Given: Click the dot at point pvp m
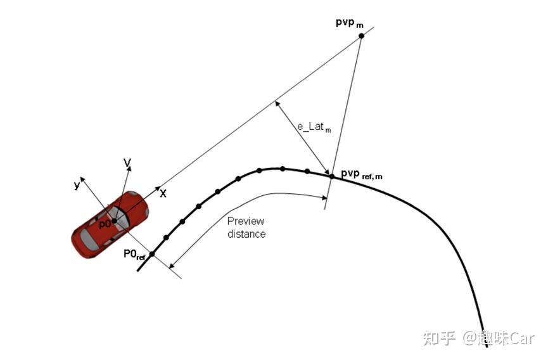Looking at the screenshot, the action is point(362,36).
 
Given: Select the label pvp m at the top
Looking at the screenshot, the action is point(350,23).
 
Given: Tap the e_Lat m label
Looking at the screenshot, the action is point(315,127).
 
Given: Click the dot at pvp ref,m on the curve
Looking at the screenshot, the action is point(331,176).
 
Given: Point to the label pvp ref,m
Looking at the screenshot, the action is point(361,174).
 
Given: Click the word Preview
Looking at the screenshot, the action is point(246,221).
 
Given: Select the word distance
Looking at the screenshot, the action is point(246,234).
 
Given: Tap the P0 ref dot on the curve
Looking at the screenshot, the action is point(152,254).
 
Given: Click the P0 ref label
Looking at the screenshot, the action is point(135,254).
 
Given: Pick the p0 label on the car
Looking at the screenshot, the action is point(104,223).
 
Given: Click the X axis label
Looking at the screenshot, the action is point(163,193).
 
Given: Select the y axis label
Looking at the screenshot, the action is point(77,185).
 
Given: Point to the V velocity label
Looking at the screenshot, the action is point(127,164).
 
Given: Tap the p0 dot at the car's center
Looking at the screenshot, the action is point(115,221).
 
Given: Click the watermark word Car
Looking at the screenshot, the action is point(522,338).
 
